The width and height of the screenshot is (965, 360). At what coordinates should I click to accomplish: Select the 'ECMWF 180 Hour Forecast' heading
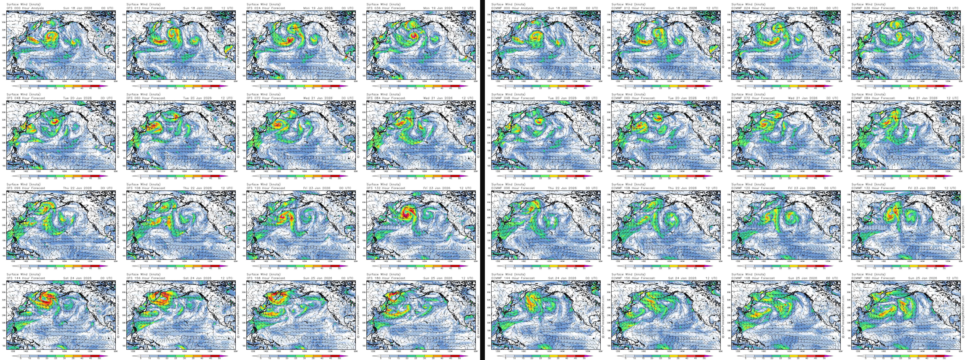point(873,278)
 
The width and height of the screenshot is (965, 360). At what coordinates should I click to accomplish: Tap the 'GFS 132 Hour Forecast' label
point(385,188)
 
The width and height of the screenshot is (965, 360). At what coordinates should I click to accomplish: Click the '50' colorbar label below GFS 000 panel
point(99,88)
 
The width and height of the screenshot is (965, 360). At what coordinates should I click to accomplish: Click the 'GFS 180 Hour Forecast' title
point(385,278)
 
